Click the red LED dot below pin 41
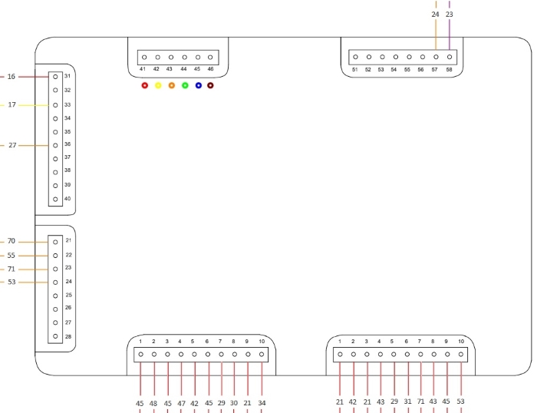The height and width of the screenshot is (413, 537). [x=145, y=85]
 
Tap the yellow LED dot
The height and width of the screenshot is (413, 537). [x=158, y=85]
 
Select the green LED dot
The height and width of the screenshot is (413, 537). [x=185, y=85]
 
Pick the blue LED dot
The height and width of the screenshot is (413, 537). [x=198, y=85]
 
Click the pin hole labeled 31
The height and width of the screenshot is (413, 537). [x=55, y=77]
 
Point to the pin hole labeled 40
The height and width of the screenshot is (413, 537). [x=55, y=199]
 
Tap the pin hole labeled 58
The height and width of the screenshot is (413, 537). [x=450, y=57]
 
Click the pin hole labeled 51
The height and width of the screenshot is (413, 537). [x=355, y=57]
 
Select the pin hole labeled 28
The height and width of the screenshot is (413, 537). [x=55, y=336]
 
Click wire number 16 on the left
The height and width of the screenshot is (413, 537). [x=12, y=77]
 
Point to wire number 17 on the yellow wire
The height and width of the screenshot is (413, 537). [x=12, y=104]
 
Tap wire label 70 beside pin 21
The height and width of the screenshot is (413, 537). [x=12, y=241]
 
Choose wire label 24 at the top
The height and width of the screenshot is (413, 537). [x=435, y=15]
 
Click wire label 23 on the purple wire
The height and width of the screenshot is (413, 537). [x=450, y=15]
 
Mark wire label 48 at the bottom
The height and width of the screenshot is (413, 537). [x=153, y=403]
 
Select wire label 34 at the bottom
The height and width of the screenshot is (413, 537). [x=262, y=403]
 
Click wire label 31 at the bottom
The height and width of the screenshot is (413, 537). [x=407, y=401]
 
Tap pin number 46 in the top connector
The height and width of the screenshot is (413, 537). [x=210, y=69]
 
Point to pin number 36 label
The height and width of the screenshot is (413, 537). [x=68, y=144]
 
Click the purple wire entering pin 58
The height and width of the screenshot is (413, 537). [x=450, y=25]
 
